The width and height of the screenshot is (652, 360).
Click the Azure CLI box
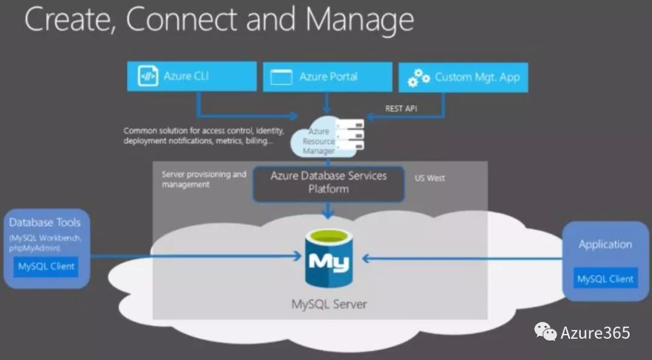coord(193,77)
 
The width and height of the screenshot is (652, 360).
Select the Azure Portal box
coord(327,77)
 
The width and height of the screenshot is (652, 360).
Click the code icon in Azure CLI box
coord(148,77)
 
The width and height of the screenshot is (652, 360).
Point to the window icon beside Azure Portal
coord(281,77)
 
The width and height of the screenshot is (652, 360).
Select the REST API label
coord(401,109)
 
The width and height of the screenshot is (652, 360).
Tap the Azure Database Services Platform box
coord(328,182)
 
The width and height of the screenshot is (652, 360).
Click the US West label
coord(429,178)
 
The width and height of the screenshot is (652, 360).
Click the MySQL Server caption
coord(328,303)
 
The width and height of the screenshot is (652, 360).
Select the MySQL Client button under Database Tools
coord(46,266)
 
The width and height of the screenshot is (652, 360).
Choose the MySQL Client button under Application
coord(606,278)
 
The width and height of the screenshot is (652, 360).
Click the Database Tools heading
coord(45,222)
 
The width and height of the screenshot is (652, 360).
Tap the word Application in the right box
coord(605,245)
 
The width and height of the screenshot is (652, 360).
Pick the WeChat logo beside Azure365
coord(545,332)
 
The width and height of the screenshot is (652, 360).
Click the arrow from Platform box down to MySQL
coord(328,211)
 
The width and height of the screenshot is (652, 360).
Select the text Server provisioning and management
coord(203,179)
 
